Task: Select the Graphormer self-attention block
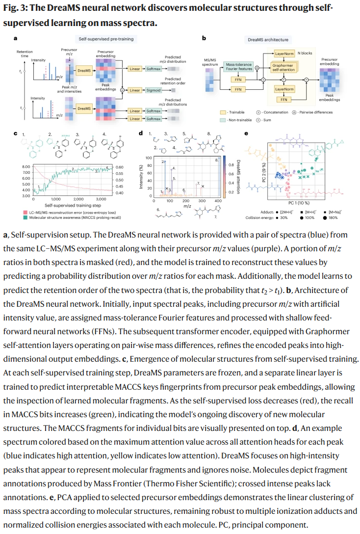[284, 68]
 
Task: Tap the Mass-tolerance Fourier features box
[238, 67]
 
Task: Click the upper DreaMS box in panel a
[84, 71]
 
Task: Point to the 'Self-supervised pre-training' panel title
[106, 39]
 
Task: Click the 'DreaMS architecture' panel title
[267, 39]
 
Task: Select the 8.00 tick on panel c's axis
[25, 167]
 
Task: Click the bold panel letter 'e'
[246, 133]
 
